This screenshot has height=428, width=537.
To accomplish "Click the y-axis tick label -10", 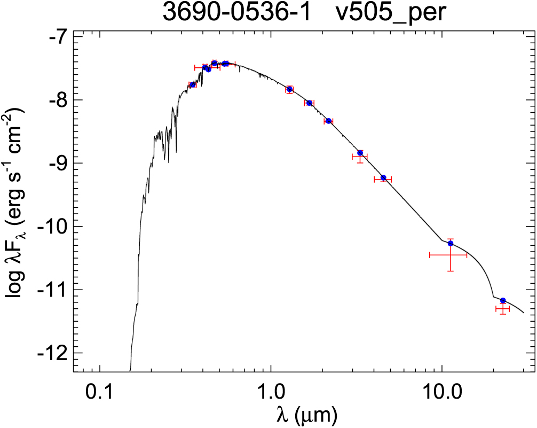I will (x=52, y=227).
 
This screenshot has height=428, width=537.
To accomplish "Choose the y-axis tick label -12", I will (x=52, y=353).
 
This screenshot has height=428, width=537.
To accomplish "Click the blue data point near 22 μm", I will (x=503, y=301).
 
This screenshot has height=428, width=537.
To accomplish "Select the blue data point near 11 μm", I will (x=451, y=244).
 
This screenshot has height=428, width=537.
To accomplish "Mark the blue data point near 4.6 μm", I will (x=383, y=177).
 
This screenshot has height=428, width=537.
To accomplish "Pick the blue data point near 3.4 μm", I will (x=360, y=153).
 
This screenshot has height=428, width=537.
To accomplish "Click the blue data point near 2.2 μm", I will (x=328, y=121).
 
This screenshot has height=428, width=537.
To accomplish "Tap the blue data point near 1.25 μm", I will (x=289, y=89).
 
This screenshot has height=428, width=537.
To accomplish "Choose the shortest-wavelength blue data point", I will (x=193, y=85).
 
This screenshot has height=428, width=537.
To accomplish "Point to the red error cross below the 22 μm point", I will (x=502, y=309).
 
